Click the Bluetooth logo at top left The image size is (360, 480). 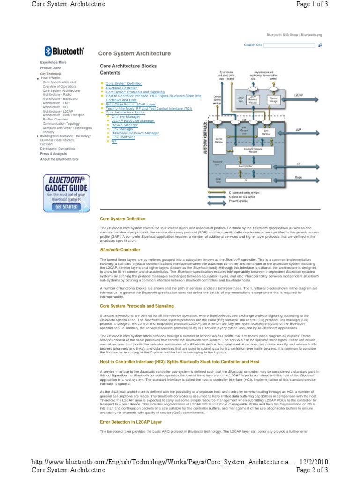64,51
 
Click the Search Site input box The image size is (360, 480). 289,45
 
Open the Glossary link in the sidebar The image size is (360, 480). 46,144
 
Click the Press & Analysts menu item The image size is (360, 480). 53,154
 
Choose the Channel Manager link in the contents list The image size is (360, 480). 126,116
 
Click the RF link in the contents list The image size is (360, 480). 114,141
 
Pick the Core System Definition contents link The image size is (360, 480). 124,83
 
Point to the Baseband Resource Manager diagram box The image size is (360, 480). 253,150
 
